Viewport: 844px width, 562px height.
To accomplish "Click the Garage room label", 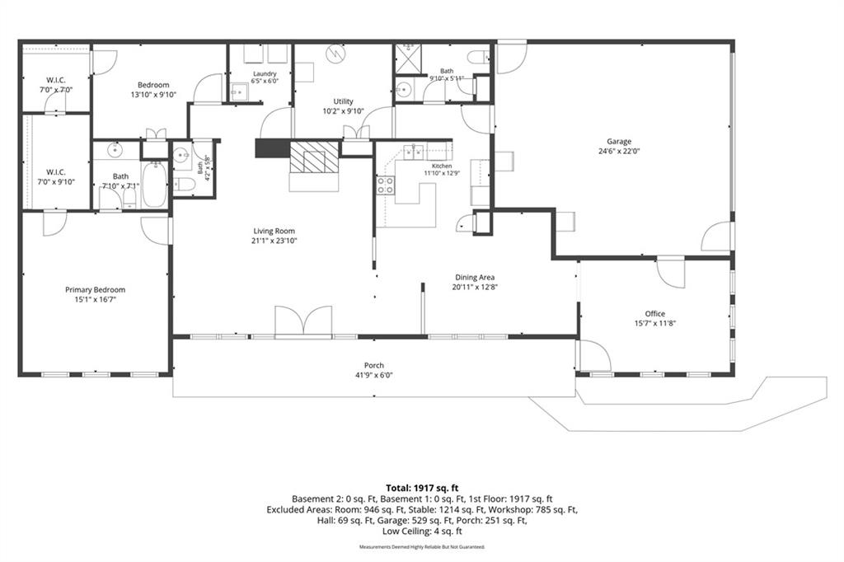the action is coord(619,142).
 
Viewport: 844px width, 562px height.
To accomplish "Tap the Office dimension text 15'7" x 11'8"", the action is coord(655,324).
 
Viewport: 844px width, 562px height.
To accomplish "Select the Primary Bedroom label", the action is coord(96,289).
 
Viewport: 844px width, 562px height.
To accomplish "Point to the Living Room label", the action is coord(274,231).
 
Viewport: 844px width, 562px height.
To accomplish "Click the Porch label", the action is coord(373,366).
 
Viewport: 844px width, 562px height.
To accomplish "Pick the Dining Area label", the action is coord(474,277).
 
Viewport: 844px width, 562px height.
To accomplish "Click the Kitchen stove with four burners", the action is coord(385,185).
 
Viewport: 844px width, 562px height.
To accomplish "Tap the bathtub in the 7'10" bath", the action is coord(154,185).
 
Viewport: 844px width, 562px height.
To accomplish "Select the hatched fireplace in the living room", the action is coord(314,157).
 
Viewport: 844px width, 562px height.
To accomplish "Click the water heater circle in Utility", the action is coord(336,54).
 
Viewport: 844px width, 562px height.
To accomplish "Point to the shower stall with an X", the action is coord(408,59).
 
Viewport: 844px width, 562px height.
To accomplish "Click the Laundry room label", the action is coord(265,73).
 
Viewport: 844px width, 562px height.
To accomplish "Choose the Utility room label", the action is coord(344,101).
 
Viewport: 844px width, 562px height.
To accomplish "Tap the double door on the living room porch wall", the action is coord(303,322).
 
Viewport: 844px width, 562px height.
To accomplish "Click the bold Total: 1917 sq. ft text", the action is coord(422,489).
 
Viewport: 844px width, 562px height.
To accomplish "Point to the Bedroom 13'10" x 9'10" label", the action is coord(153,89).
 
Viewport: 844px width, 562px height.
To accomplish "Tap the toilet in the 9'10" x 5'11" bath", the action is coord(478,57).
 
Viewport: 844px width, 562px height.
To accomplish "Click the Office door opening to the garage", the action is coord(670,273).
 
